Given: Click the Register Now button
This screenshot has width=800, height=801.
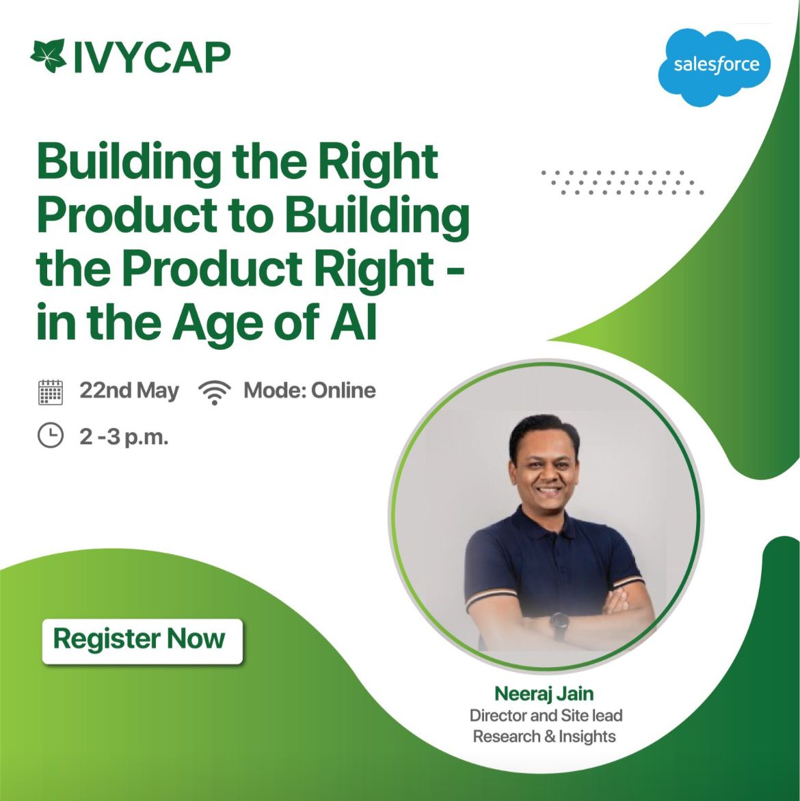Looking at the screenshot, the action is coord(142,641).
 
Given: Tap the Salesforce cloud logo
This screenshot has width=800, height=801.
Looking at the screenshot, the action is coord(715,66).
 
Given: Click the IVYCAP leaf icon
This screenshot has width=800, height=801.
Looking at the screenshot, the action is coord(49,55).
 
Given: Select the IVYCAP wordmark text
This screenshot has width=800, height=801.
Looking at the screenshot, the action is coord(152,57).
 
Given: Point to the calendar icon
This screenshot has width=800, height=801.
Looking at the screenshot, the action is coord(51,392).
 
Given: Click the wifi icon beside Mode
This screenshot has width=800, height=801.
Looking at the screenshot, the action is coord(215,392).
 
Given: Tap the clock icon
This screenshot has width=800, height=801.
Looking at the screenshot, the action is coord(51,435).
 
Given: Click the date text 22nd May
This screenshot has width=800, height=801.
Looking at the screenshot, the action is coord(129,391).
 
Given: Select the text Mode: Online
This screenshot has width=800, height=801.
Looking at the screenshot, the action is coord(310,390).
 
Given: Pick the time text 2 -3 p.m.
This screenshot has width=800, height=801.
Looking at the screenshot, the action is coord(124,437).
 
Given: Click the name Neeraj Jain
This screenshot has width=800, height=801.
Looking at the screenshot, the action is coord(544,693).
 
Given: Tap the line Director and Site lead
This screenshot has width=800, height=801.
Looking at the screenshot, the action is coord(546,715).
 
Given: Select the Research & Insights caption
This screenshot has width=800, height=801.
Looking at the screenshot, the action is coord(544,736).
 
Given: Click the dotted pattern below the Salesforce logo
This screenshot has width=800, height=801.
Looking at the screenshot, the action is coord(623,182).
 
